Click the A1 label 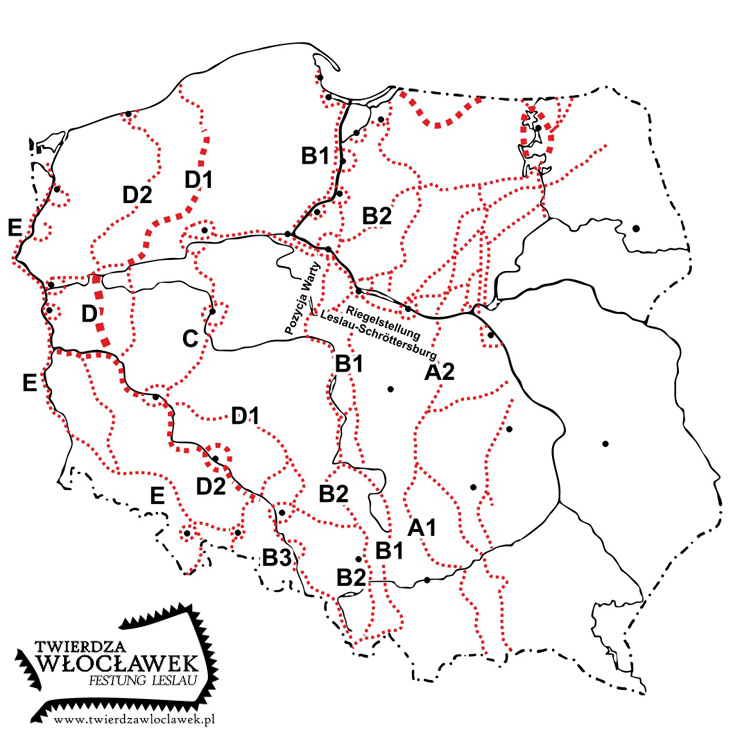tap(422, 526)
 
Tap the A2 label tap(440, 373)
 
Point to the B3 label tap(278, 557)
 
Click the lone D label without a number tap(89, 314)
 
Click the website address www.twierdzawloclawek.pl tap(136, 718)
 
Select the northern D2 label tap(137, 193)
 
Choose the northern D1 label tap(201, 179)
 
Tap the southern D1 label tap(246, 414)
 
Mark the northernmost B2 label tap(377, 215)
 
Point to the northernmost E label tap(15, 230)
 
